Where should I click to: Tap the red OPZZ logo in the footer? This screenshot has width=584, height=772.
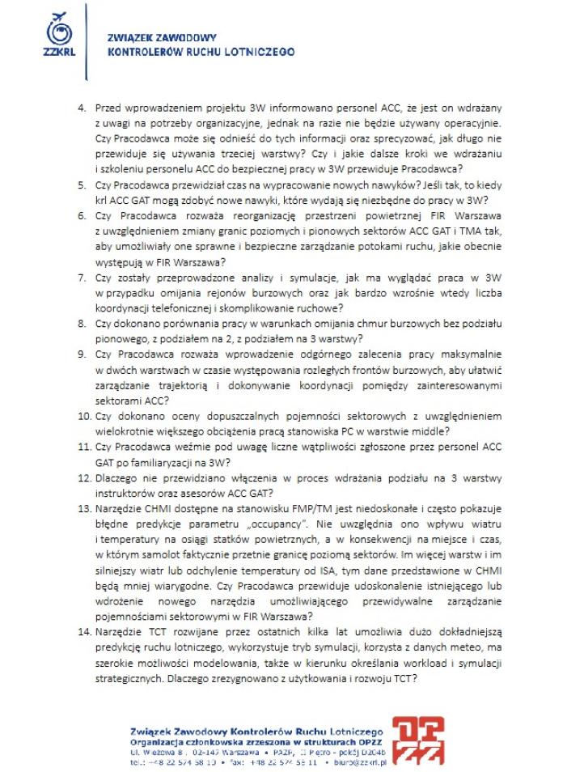417,738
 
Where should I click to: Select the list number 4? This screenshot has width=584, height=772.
81,107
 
